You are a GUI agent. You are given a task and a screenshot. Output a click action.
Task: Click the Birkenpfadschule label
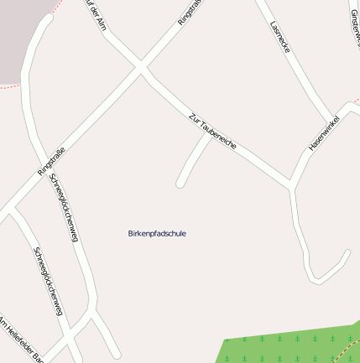click(x=158, y=233)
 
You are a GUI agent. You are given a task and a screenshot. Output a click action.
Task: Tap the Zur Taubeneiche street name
click(x=212, y=131)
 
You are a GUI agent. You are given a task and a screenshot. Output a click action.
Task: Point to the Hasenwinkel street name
click(x=323, y=132)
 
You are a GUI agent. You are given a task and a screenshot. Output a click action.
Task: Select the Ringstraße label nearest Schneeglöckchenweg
click(x=51, y=160)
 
